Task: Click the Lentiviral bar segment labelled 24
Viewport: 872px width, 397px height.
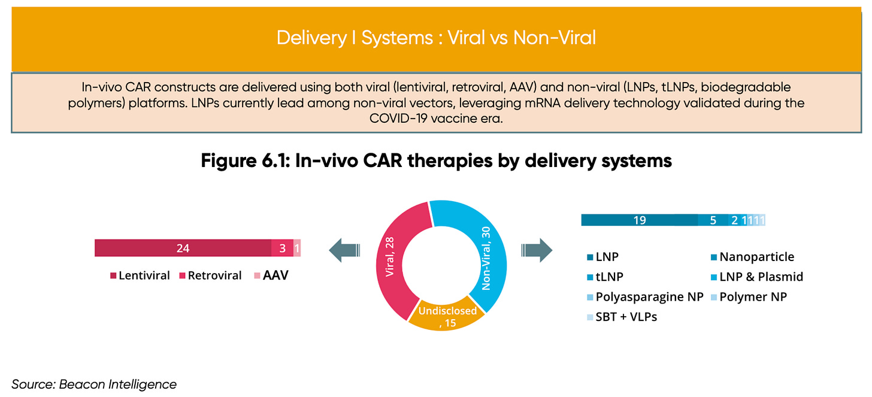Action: [x=183, y=248]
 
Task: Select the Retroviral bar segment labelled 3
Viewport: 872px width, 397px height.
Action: [x=283, y=248]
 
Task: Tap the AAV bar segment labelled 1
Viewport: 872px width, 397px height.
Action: [x=297, y=248]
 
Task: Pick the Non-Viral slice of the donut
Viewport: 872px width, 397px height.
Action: [x=486, y=253]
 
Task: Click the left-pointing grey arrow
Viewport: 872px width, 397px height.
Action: [x=344, y=250]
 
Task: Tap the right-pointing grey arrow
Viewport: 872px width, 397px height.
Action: [x=537, y=250]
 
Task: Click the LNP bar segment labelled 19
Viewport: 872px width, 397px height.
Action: [x=639, y=220]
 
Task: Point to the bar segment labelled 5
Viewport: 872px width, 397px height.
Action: [x=713, y=220]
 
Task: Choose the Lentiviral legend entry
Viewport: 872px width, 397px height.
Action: [x=140, y=275]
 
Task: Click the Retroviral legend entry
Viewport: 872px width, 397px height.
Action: [x=210, y=275]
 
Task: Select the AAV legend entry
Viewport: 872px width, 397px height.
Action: [x=271, y=275]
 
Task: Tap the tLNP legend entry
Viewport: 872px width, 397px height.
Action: [x=605, y=277]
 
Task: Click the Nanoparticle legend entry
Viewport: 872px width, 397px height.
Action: [x=752, y=257]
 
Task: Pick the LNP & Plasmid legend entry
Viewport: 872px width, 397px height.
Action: [x=757, y=277]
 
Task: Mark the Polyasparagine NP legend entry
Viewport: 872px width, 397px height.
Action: [x=645, y=297]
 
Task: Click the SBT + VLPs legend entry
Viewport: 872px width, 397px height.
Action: [x=622, y=317]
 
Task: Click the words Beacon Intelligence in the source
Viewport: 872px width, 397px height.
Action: [x=117, y=384]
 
